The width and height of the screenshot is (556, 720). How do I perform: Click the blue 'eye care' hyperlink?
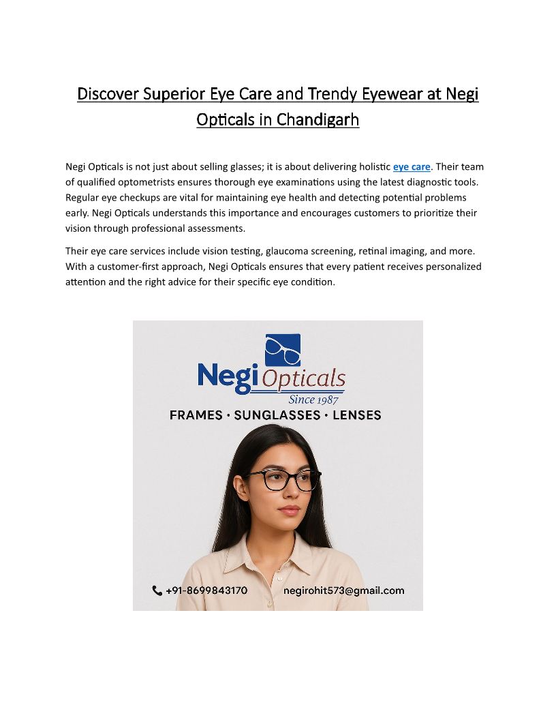[x=412, y=166]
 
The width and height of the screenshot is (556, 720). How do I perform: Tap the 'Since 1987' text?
[x=313, y=400]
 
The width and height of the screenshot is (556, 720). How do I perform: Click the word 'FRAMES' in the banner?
[x=196, y=415]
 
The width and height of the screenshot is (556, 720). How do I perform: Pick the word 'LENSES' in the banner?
[x=357, y=415]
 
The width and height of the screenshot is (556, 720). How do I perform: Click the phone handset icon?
[x=157, y=590]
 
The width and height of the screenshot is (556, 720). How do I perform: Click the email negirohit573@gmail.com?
[x=344, y=590]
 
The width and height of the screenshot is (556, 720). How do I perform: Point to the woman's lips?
[x=288, y=510]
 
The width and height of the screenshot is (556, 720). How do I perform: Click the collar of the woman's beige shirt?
[x=253, y=550]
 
